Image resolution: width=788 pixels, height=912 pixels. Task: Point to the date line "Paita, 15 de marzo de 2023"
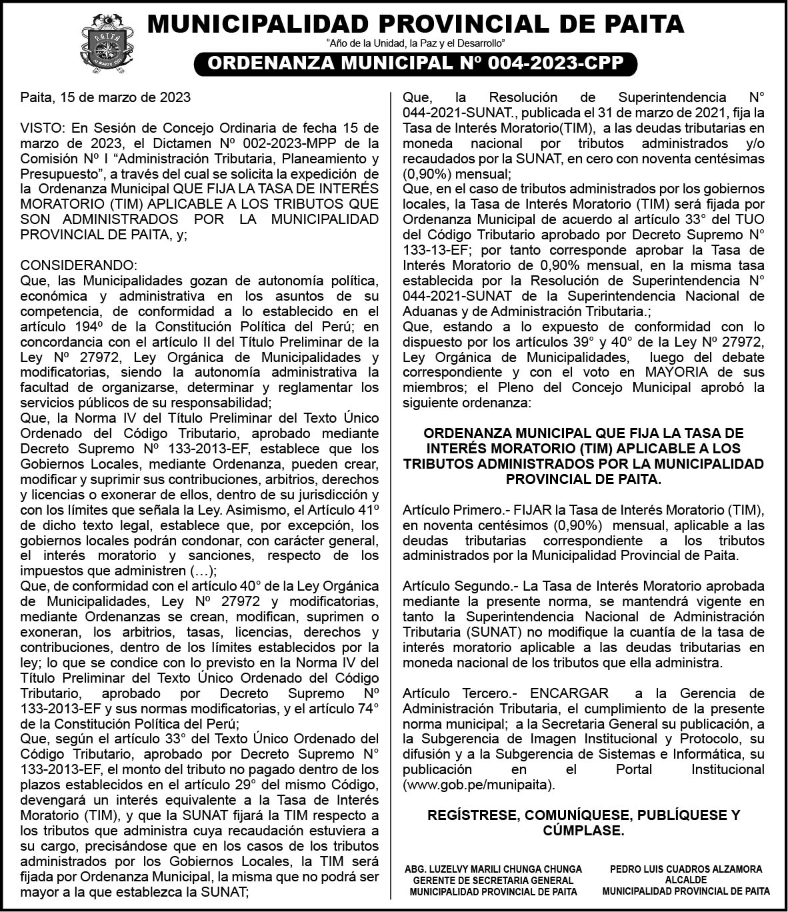point(105,97)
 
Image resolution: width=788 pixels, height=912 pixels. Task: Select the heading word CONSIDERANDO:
point(79,265)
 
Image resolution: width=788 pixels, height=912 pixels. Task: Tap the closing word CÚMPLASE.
point(583,831)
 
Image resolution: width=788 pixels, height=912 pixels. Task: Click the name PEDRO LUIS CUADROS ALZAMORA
point(686,869)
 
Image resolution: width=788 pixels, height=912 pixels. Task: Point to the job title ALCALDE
point(686,880)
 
